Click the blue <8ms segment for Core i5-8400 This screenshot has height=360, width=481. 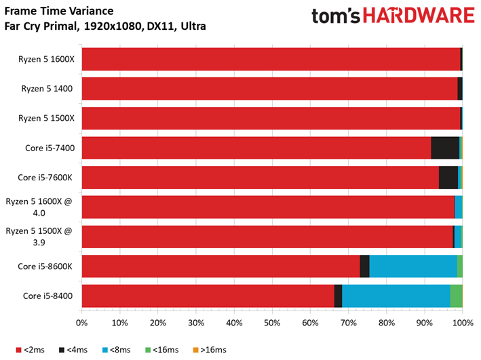(x=396, y=296)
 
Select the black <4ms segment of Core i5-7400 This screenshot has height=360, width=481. (x=445, y=148)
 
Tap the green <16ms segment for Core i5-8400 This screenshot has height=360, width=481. (x=456, y=296)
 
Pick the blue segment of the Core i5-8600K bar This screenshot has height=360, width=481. (x=413, y=266)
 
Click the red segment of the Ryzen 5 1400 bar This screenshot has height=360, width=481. (x=269, y=89)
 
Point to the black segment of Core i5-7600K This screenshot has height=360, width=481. (x=448, y=178)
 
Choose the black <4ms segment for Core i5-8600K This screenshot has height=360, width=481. (x=364, y=266)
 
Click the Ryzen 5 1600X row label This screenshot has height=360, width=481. (x=46, y=59)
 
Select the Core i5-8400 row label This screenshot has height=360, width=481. (x=48, y=296)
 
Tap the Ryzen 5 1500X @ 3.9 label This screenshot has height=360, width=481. (x=39, y=237)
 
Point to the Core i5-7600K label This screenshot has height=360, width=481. (x=45, y=178)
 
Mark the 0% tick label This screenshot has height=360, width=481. (x=81, y=323)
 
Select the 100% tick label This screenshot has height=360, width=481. (x=463, y=323)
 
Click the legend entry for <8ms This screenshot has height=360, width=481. (x=116, y=350)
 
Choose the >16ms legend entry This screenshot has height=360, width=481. (x=210, y=350)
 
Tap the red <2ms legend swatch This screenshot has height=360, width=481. (x=19, y=350)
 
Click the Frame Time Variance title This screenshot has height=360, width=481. (x=59, y=11)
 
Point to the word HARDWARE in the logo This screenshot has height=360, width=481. (x=419, y=16)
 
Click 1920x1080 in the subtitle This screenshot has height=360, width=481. (x=113, y=26)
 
